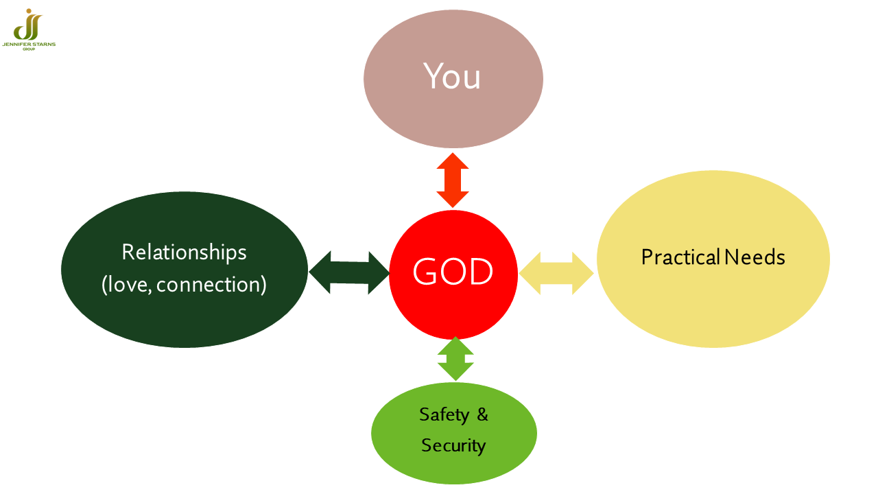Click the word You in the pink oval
click(452, 76)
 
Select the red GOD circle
click(453, 274)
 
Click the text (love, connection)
click(184, 284)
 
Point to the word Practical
click(681, 257)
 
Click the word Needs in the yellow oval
click(755, 257)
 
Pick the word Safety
click(444, 415)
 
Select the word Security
click(453, 446)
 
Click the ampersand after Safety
click(482, 414)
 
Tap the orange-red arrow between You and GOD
click(453, 180)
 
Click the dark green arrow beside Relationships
click(349, 272)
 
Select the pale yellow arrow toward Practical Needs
click(556, 273)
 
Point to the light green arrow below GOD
click(455, 359)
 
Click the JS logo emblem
click(28, 24)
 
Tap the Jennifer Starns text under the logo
click(29, 45)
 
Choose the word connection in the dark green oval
click(211, 285)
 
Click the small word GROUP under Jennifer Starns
click(29, 49)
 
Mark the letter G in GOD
click(425, 271)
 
